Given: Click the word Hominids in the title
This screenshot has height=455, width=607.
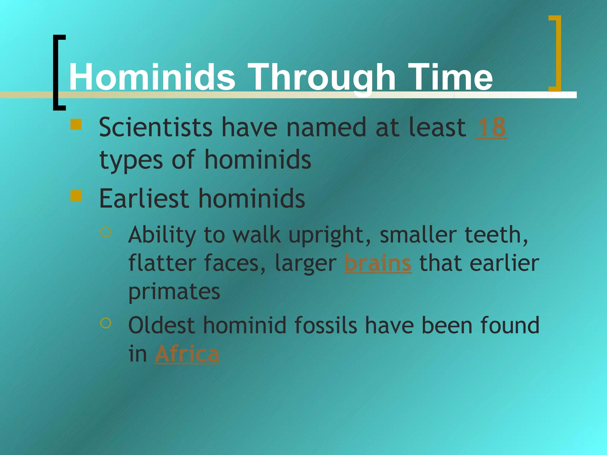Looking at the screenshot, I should tap(152, 78).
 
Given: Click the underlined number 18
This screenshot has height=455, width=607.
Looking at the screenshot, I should tap(491, 127).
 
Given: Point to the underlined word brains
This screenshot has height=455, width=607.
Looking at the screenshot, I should tap(378, 263).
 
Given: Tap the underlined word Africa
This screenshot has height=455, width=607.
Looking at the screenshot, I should tap(187, 354).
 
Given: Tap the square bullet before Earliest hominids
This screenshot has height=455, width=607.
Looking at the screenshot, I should tap(76, 196).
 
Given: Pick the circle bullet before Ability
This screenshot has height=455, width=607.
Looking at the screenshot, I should tap(106, 232).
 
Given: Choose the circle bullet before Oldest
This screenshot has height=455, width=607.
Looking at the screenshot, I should tap(106, 323).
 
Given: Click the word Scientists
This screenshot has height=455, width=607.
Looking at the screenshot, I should tap(156, 127).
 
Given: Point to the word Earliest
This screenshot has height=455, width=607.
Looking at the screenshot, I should tap(144, 198).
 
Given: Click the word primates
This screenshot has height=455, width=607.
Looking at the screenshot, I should tap(174, 292).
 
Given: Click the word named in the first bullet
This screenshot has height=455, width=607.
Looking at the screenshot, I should tap(326, 127).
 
